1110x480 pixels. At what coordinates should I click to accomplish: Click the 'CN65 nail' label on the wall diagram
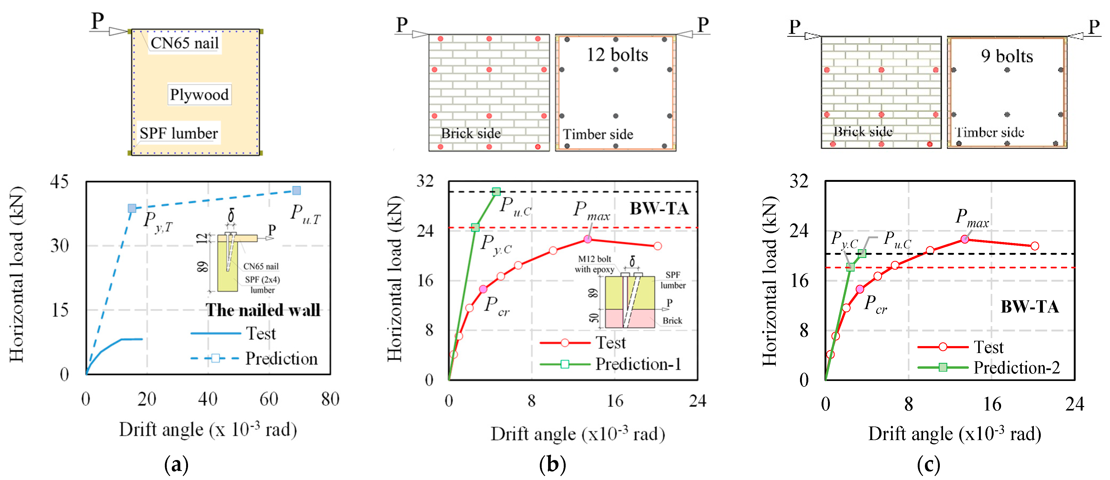(x=185, y=43)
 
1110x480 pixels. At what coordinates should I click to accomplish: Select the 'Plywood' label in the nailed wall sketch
(x=199, y=94)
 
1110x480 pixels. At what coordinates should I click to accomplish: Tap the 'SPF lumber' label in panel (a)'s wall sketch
(x=178, y=133)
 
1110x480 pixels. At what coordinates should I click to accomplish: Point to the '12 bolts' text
(x=617, y=55)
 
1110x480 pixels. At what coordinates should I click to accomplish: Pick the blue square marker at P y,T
(x=132, y=208)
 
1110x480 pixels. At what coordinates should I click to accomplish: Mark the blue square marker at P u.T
(x=296, y=190)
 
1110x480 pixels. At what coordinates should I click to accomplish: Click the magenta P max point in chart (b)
(x=588, y=239)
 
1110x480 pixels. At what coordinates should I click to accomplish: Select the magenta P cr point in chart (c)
(x=860, y=289)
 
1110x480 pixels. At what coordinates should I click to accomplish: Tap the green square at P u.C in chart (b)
(x=496, y=191)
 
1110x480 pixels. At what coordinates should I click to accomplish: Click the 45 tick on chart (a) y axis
(x=59, y=182)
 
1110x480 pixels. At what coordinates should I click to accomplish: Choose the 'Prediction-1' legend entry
(x=638, y=364)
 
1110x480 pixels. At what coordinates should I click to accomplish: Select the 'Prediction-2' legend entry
(x=1016, y=368)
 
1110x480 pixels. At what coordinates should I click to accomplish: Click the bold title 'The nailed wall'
(x=263, y=310)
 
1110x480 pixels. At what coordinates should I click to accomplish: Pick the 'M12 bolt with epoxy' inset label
(x=595, y=264)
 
